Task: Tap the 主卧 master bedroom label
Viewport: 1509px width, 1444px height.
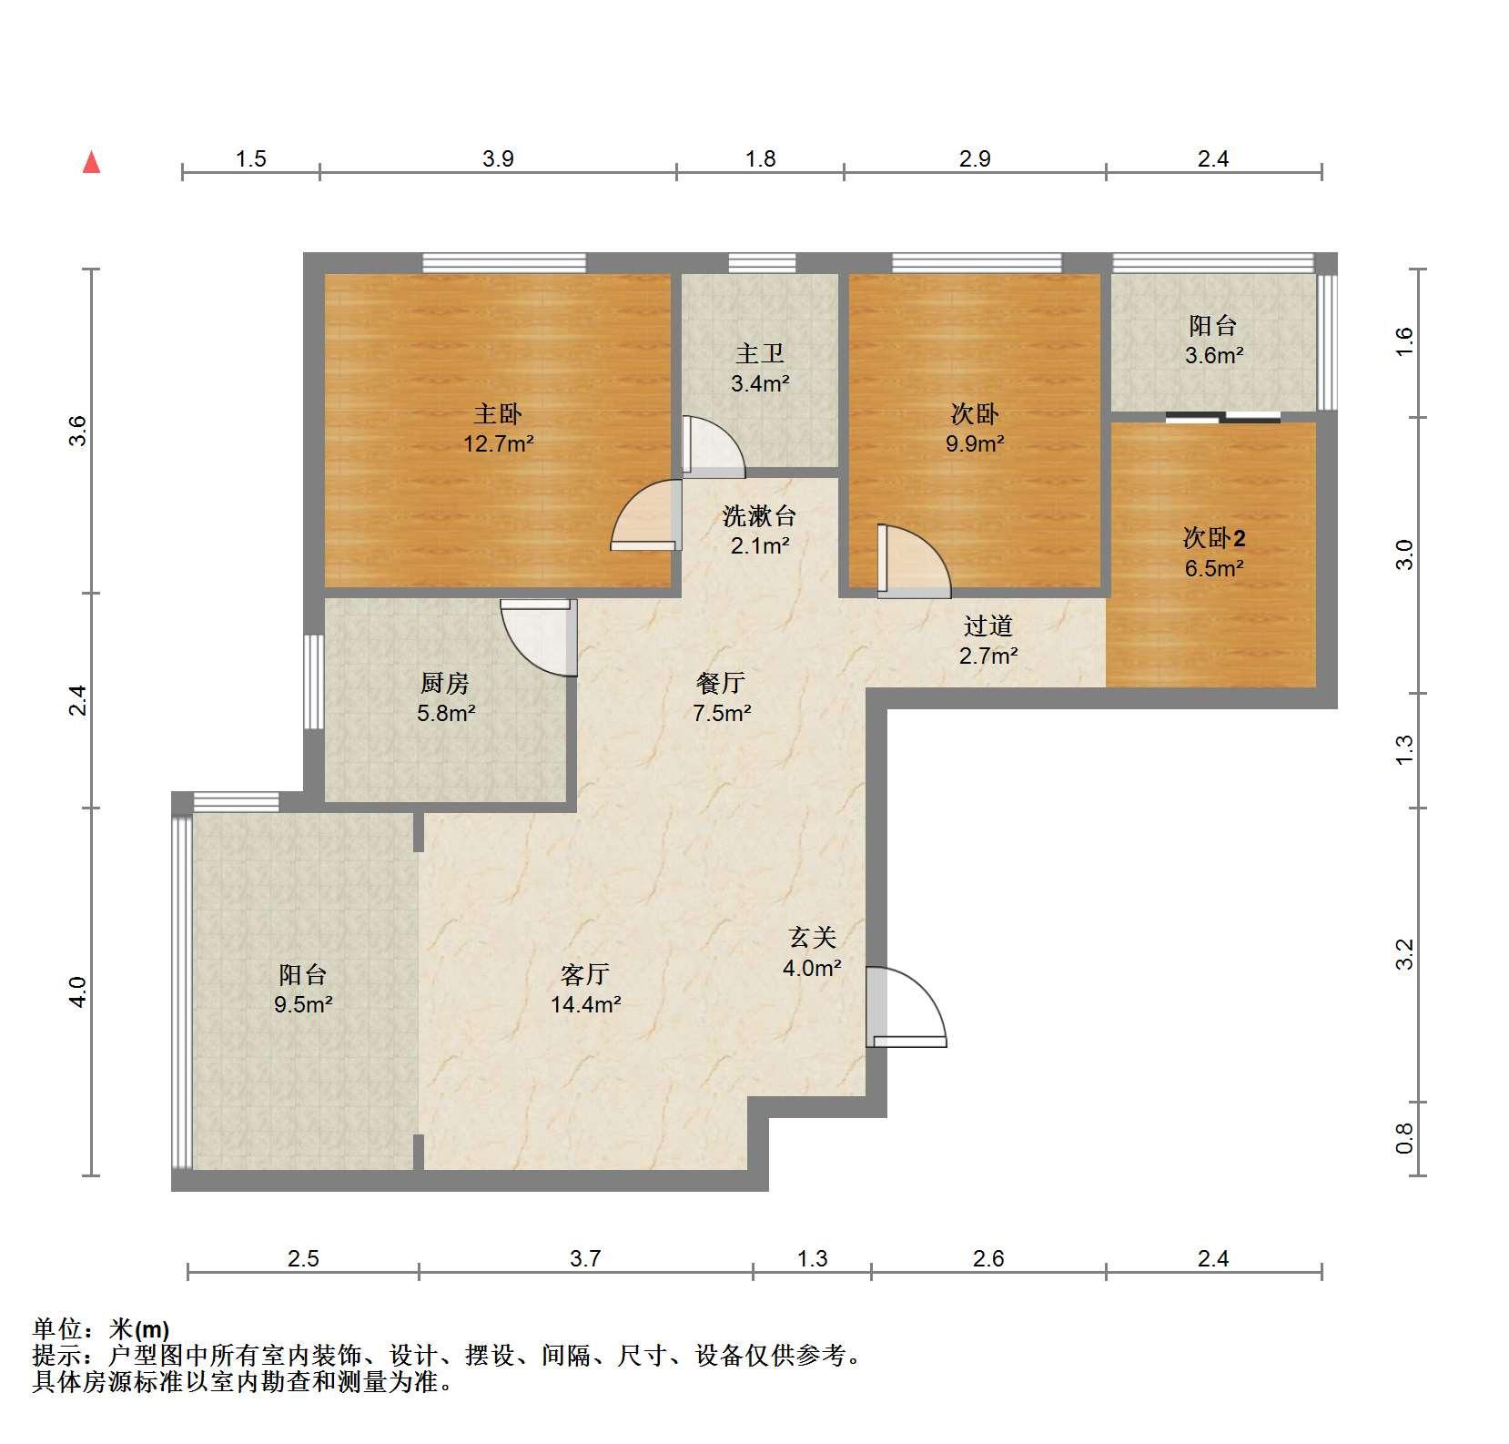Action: [497, 415]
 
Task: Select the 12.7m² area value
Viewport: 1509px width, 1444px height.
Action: [497, 445]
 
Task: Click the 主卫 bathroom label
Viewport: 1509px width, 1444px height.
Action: [760, 354]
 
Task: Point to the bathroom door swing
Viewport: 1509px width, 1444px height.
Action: [714, 446]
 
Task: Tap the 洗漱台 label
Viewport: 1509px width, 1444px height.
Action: [760, 516]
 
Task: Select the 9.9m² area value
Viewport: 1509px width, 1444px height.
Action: [975, 445]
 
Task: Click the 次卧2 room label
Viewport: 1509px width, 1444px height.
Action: [1214, 538]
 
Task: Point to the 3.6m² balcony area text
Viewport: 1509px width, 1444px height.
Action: [1214, 355]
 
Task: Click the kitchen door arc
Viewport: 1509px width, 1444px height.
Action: [539, 637]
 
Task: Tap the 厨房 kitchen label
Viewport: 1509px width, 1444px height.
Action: [445, 683]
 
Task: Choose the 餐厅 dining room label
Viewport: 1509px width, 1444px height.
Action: [721, 683]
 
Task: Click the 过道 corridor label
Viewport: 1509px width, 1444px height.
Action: [988, 625]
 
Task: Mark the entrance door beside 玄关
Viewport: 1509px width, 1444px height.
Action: [906, 1006]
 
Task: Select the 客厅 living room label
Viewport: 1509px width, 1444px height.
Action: [585, 975]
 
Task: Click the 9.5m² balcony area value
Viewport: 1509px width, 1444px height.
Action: [303, 1005]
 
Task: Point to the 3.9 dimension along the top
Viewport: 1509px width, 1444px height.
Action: [498, 159]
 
